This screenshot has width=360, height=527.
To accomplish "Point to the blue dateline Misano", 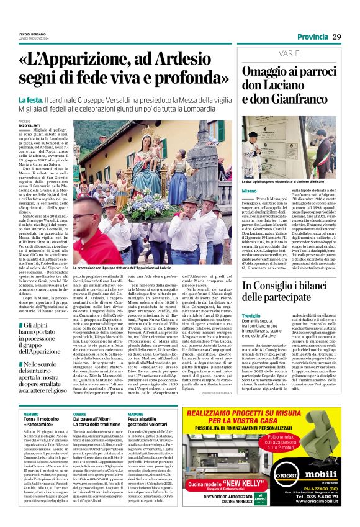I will pos(249,191).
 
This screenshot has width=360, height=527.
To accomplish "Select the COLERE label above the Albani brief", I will pos(79,413).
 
